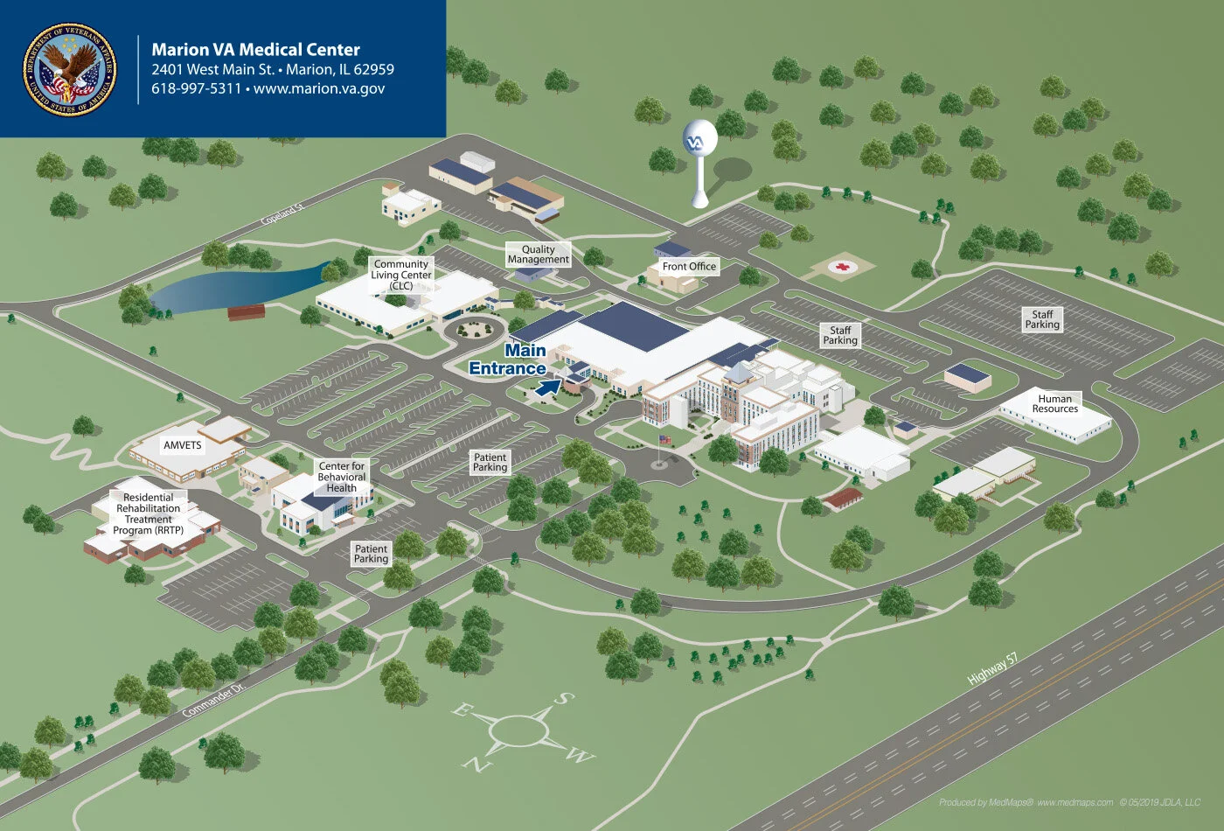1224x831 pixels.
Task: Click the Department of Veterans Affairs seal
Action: (x=70, y=69)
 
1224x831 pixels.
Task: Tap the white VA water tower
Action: (x=699, y=144)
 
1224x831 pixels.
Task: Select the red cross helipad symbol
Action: (x=843, y=267)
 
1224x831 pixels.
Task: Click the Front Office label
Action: (x=689, y=267)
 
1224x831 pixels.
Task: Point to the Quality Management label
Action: (x=539, y=255)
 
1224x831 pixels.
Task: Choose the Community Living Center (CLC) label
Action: (x=401, y=275)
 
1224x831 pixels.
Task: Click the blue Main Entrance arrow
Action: (x=547, y=388)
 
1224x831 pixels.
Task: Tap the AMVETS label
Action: (x=182, y=445)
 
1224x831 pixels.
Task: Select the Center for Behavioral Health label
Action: (x=341, y=477)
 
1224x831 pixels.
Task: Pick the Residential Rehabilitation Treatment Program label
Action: (x=149, y=513)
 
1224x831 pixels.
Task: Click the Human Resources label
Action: (x=1055, y=404)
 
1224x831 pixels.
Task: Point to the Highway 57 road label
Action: (x=992, y=669)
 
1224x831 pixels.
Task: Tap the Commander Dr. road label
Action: (x=208, y=702)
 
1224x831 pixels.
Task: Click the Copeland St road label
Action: (x=282, y=214)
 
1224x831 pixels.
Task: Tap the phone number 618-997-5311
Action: (x=196, y=88)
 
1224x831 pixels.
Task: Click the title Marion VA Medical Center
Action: (x=255, y=50)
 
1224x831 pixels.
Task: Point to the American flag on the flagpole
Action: (x=665, y=439)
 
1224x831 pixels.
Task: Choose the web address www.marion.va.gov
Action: (x=319, y=88)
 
